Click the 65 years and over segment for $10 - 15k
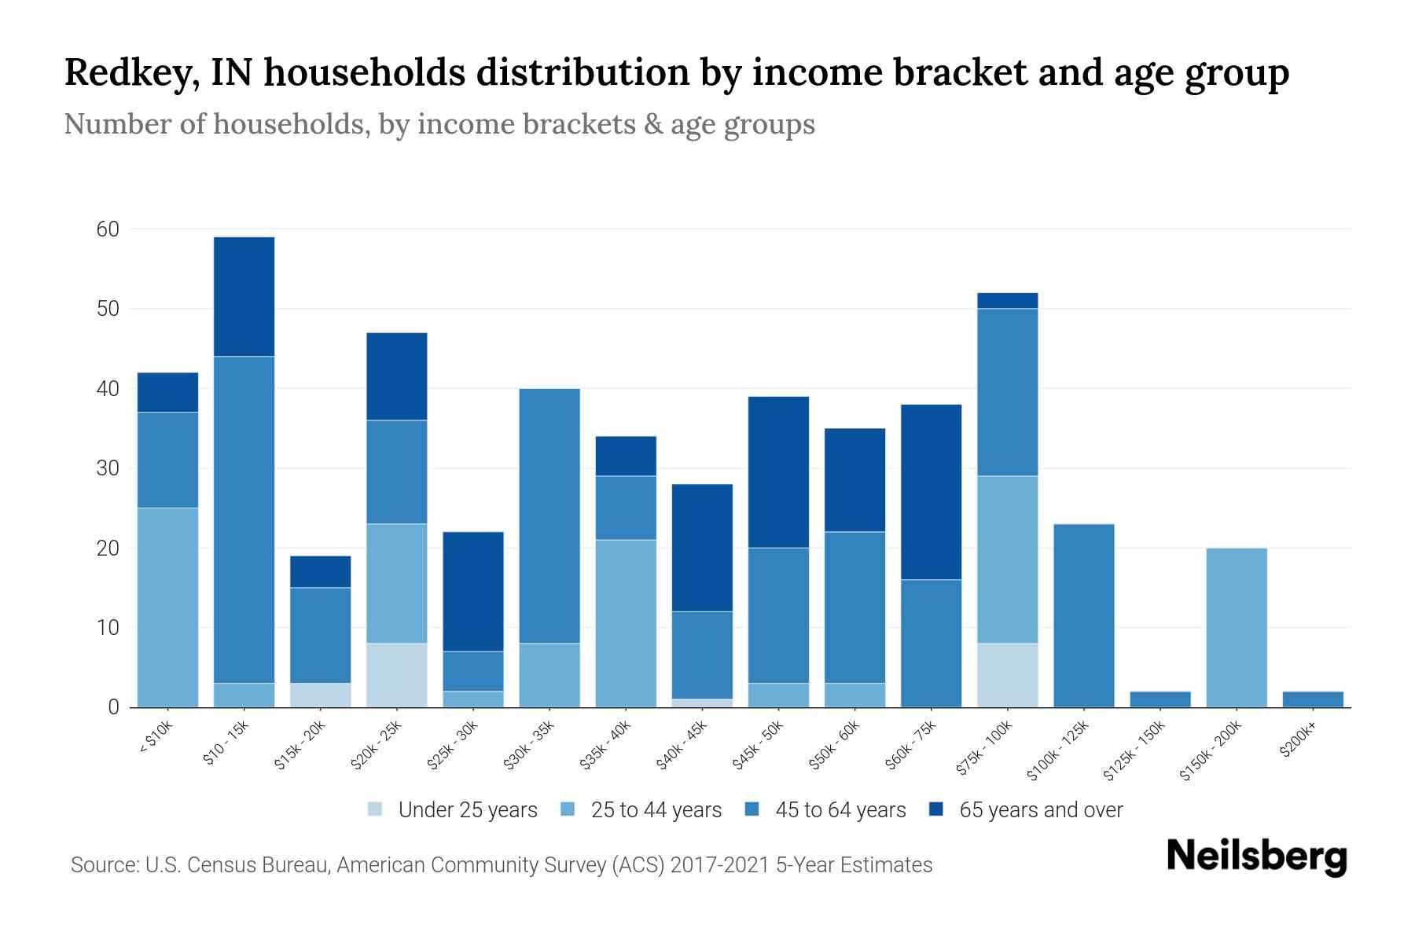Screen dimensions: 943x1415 [x=244, y=297]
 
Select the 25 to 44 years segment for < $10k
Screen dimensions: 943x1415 [x=167, y=607]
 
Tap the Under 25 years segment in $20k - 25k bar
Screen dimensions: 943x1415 [x=397, y=675]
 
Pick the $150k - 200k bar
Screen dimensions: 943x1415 [x=1236, y=627]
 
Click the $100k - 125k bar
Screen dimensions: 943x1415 [x=1083, y=615]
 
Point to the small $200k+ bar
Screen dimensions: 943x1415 [x=1312, y=699]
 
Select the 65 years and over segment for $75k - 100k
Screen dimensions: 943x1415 [x=1007, y=301]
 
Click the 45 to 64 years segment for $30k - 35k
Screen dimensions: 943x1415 [x=549, y=516]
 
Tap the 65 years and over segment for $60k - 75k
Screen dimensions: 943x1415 [x=931, y=492]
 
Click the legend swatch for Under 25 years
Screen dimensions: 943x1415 [x=376, y=809]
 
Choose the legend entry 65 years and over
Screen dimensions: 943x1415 [x=1040, y=809]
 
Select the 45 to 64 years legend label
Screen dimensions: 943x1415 [x=840, y=809]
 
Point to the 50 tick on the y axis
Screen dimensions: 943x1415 [x=108, y=309]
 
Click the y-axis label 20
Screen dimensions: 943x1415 [x=108, y=548]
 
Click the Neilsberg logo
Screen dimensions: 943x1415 [x=1256, y=857]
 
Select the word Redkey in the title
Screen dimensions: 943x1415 [x=124, y=73]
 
